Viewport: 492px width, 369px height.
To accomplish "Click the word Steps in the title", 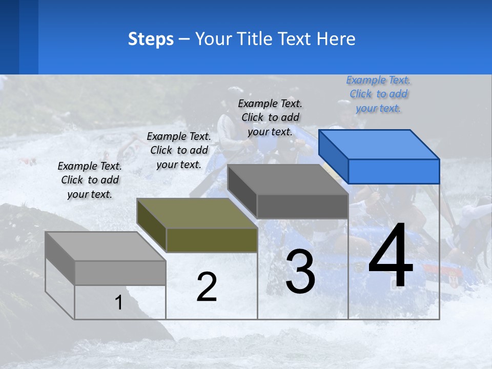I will (151, 39).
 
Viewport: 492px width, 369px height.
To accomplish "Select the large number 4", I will (391, 256).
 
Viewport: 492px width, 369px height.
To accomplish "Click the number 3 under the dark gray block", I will (300, 272).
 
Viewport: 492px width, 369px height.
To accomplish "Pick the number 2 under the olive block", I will (207, 287).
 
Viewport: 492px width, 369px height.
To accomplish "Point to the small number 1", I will (119, 303).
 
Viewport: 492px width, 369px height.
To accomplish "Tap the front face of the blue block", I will (394, 171).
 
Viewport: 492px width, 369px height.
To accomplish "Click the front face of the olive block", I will (212, 240).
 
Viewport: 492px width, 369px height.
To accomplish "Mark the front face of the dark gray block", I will (302, 206).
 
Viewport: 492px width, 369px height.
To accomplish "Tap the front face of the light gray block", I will (120, 273).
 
